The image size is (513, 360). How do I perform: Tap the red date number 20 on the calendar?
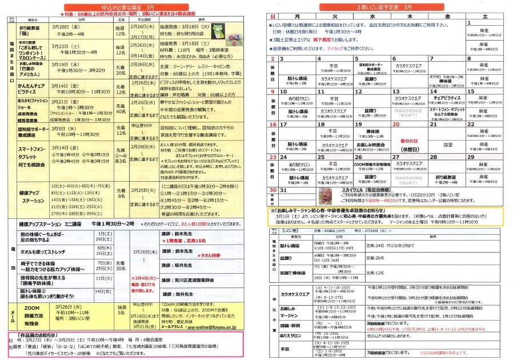(x=395, y=124)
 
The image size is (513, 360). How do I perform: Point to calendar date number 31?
(x=283, y=190)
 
